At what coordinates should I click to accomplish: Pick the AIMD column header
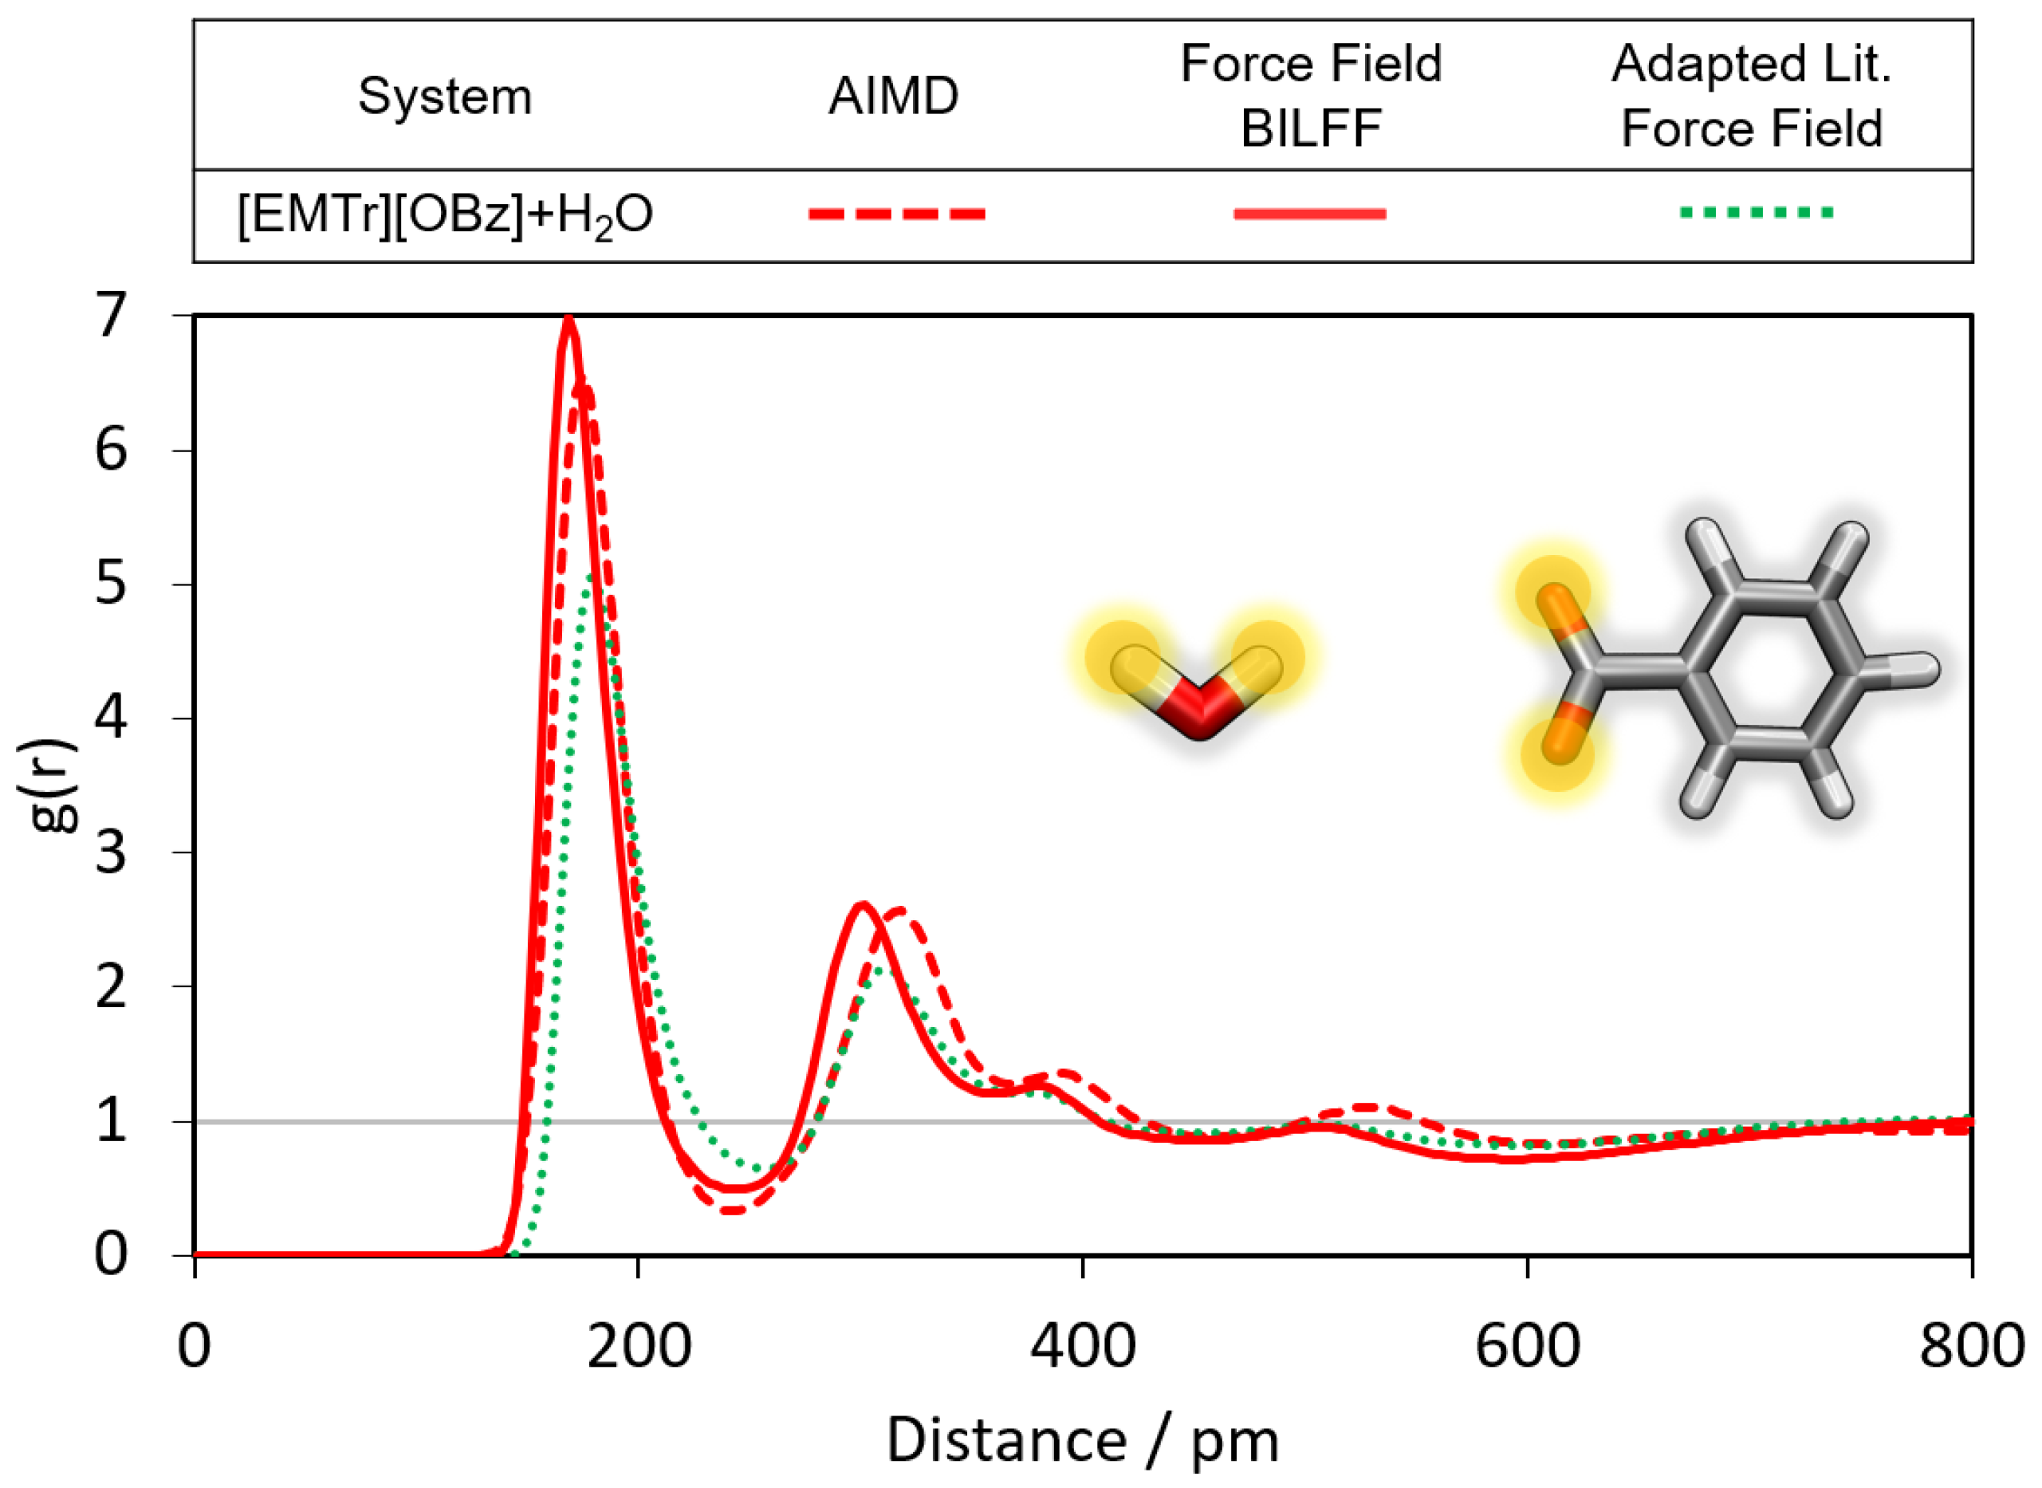(894, 96)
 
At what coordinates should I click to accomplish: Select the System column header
(445, 96)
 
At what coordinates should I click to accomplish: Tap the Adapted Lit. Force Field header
(1751, 96)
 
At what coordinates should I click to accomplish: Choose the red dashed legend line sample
(897, 215)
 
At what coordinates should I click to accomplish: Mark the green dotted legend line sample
(1757, 214)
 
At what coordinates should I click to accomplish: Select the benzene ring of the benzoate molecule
(1771, 669)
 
